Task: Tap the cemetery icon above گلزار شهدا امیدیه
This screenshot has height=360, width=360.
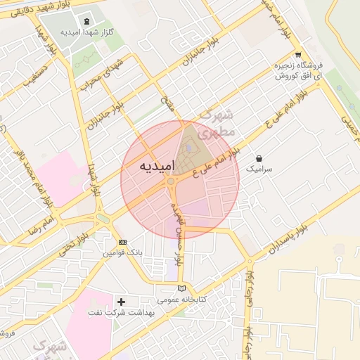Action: (x=87, y=22)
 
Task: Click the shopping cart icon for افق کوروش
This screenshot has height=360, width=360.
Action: (x=298, y=55)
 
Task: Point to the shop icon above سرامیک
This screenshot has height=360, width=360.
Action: (x=259, y=158)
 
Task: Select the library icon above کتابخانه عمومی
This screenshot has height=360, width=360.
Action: (x=182, y=288)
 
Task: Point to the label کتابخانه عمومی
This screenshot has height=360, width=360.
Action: (x=182, y=300)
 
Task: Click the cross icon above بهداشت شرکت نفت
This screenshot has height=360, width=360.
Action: (x=121, y=301)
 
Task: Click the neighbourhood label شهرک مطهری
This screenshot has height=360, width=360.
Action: (x=215, y=123)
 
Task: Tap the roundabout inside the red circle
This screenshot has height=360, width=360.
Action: (x=171, y=182)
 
